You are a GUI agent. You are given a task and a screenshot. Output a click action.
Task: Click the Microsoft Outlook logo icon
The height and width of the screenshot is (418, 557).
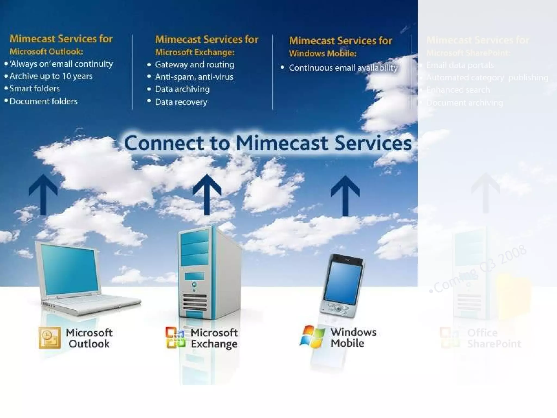(x=49, y=338)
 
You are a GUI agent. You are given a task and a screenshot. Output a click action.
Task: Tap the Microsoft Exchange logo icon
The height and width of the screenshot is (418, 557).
(x=175, y=337)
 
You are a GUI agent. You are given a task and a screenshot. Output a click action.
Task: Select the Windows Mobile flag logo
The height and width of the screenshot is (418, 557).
(x=312, y=337)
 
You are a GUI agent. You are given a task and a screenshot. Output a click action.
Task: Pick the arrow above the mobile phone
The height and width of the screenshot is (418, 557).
(x=345, y=195)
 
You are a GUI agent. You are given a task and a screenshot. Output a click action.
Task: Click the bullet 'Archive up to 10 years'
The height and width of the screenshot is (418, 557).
(x=51, y=76)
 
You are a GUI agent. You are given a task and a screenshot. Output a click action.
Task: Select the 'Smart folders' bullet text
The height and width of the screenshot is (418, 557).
(x=35, y=89)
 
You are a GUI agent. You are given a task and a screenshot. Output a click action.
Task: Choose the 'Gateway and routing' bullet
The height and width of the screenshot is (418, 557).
(x=194, y=65)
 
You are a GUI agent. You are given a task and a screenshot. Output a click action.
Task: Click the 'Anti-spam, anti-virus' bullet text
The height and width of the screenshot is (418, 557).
(x=194, y=77)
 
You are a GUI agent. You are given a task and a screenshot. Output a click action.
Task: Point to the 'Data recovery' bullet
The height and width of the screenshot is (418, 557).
(x=181, y=102)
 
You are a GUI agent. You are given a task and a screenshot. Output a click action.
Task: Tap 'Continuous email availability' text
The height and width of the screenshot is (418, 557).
(x=343, y=68)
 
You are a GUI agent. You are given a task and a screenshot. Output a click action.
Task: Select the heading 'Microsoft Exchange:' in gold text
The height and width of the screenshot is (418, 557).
(x=195, y=52)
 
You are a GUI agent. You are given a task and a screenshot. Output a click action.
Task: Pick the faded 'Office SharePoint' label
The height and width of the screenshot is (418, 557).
(x=494, y=338)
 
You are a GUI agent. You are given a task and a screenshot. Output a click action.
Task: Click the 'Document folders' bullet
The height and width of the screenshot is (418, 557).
(x=44, y=102)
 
